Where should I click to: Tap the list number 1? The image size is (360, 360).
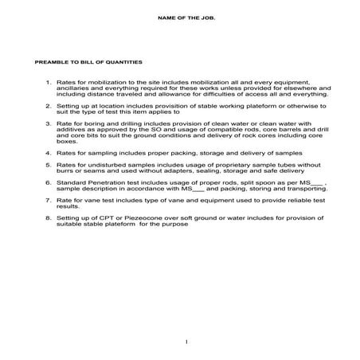click(49, 82)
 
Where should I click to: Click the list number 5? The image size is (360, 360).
click(49, 163)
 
